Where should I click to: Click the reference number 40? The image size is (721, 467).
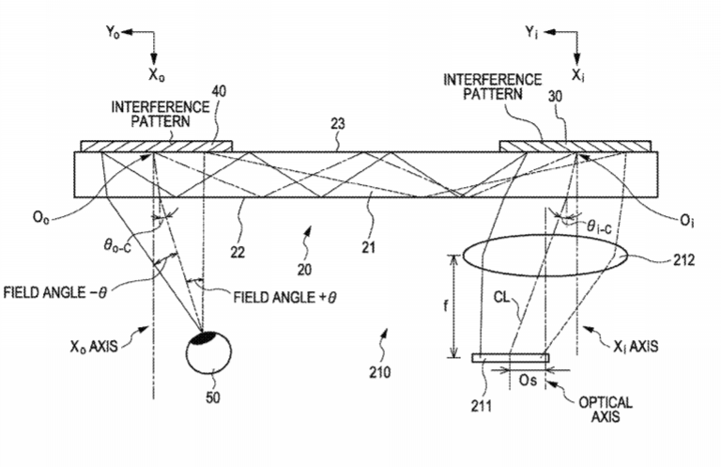coord(220,91)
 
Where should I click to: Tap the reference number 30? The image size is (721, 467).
coord(555,96)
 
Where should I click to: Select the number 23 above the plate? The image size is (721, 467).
coord(338,123)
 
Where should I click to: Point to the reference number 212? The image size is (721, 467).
coord(683,260)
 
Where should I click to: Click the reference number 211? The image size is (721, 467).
coord(481,405)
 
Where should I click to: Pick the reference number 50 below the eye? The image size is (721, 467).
coord(213,397)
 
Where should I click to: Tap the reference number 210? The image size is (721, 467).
coord(380,372)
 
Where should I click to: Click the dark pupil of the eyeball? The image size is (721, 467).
coord(204,337)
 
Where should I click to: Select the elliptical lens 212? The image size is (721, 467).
coord(545,256)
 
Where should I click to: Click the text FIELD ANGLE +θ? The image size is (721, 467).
coord(284,297)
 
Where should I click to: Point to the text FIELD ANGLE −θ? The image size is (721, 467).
coord(54,292)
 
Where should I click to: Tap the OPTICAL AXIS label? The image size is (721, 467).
coord(606,410)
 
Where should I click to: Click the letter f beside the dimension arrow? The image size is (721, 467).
coord(445,305)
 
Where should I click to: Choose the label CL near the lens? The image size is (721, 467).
coord(501,297)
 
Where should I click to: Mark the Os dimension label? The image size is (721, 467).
coord(528,381)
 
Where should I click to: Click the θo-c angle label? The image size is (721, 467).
coord(116,246)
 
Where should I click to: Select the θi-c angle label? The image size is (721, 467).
coord(599,226)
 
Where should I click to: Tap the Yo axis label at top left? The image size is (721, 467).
coord(113,32)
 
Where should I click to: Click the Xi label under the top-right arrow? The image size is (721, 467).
coord(577,74)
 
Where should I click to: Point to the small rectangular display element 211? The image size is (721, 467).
coord(511,358)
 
